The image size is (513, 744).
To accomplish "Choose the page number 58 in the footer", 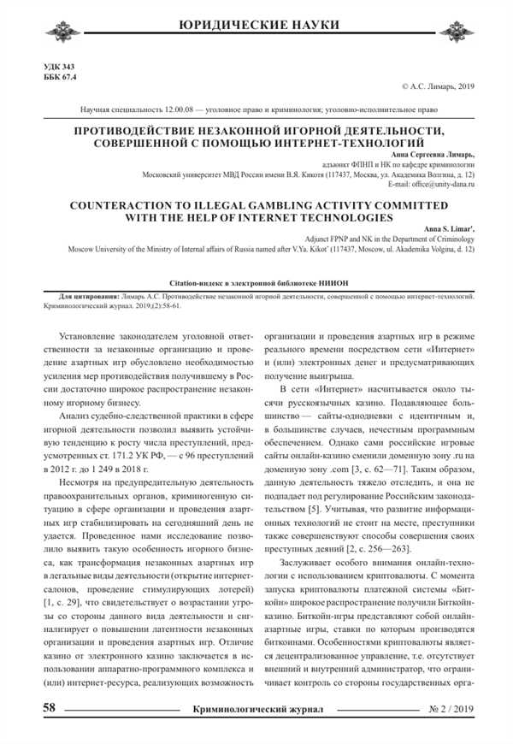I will point(50,708).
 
